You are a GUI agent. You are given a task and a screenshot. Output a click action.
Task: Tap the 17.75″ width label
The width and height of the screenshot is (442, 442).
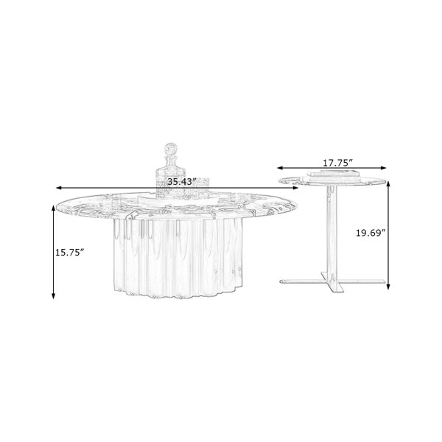pos(337,163)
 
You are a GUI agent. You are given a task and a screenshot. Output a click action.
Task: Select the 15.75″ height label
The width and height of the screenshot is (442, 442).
pos(70,252)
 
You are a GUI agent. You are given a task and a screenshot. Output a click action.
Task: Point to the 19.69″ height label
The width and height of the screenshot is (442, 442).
pos(371,233)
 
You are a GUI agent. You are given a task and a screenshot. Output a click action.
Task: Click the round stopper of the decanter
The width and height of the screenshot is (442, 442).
pos(171,149)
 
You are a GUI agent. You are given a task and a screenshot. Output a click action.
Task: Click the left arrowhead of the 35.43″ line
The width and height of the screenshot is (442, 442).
pos(59,188)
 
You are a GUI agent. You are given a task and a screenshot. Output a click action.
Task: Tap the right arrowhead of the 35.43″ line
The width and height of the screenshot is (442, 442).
pos(295,188)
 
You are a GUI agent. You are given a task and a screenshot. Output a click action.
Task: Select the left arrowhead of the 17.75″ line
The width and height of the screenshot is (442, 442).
pos(280,168)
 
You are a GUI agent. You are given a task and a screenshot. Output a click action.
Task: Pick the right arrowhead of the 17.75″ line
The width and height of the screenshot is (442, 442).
pos(383,168)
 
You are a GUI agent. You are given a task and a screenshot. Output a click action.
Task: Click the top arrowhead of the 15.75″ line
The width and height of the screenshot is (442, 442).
pos(53,208)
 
